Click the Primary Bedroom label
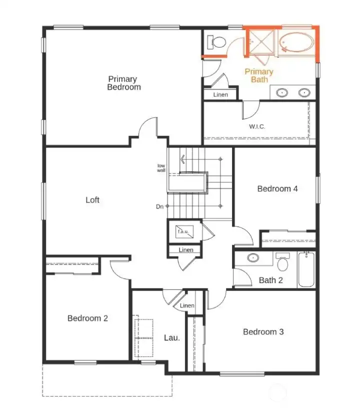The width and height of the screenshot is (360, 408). (x=124, y=83)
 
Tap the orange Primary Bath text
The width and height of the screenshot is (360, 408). (x=259, y=75)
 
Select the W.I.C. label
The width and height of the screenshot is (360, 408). (x=257, y=126)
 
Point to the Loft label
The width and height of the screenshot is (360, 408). (x=92, y=200)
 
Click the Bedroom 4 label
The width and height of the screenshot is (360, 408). (x=277, y=188)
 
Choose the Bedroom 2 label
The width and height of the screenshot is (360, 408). (x=87, y=318)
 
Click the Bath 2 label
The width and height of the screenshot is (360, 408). (x=270, y=280)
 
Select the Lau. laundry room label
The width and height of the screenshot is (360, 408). (x=171, y=338)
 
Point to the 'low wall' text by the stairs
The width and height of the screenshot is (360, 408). (x=161, y=168)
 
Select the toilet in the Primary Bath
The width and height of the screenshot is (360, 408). (x=215, y=43)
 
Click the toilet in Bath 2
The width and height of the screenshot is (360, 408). (x=283, y=262)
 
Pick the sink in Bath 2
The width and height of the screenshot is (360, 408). (x=253, y=258)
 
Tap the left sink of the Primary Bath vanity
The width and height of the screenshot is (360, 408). (x=282, y=92)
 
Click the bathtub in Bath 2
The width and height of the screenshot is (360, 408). (x=306, y=270)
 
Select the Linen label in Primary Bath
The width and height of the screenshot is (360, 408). (x=220, y=94)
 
